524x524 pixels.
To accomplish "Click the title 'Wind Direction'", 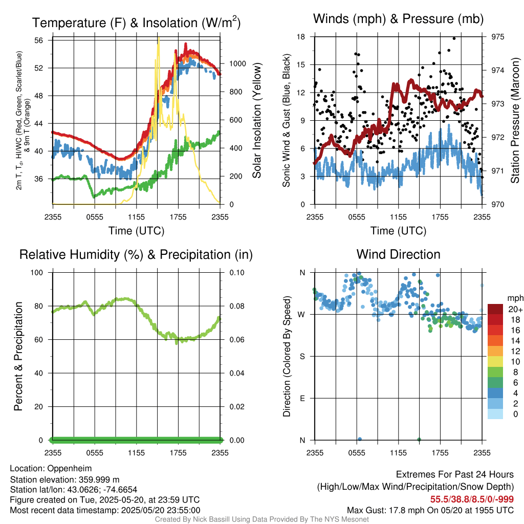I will pos(398,254).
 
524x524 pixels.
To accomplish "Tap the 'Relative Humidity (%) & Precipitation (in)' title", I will pos(136,254).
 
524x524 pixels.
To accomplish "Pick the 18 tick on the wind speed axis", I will pos(301,37).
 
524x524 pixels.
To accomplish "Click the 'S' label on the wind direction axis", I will pos(302,356).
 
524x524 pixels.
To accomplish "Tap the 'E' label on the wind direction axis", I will pos(302,398).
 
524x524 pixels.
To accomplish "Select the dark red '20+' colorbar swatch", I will pos(495,309).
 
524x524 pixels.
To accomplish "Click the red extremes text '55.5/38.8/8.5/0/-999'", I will pos(472,499).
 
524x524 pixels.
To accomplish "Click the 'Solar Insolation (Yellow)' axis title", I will pos(256,121).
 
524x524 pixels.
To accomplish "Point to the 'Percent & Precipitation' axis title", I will pos(18,356).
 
